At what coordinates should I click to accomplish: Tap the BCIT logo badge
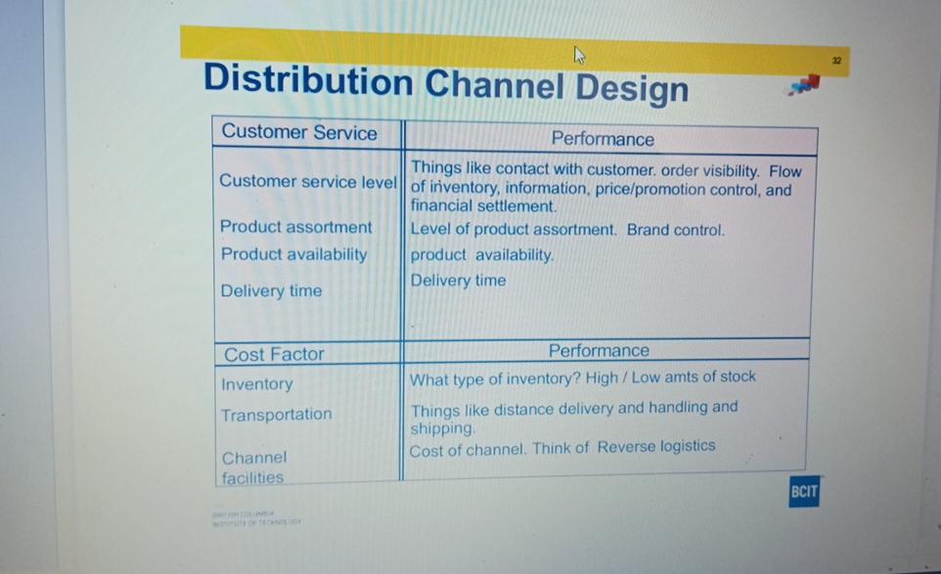click(x=803, y=492)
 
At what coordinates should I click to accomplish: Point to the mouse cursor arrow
click(x=579, y=55)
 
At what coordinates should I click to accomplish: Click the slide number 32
click(x=836, y=61)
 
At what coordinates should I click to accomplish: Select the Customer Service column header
click(x=298, y=133)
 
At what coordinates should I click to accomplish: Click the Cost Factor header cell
click(x=274, y=354)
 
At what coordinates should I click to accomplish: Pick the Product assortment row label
click(x=295, y=227)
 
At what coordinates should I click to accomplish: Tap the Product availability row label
click(x=293, y=254)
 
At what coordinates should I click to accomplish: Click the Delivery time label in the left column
click(x=271, y=290)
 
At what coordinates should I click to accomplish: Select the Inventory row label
click(x=256, y=384)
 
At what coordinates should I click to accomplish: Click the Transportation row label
click(x=276, y=415)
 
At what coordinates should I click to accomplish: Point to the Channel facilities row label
click(x=253, y=467)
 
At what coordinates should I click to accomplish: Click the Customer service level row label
click(x=307, y=181)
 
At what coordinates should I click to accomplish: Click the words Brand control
click(x=675, y=231)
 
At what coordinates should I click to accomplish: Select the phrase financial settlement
click(x=483, y=206)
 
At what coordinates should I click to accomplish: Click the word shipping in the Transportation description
click(x=441, y=428)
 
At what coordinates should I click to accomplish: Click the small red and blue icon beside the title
click(x=804, y=86)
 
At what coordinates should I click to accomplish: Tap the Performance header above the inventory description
click(x=598, y=350)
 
